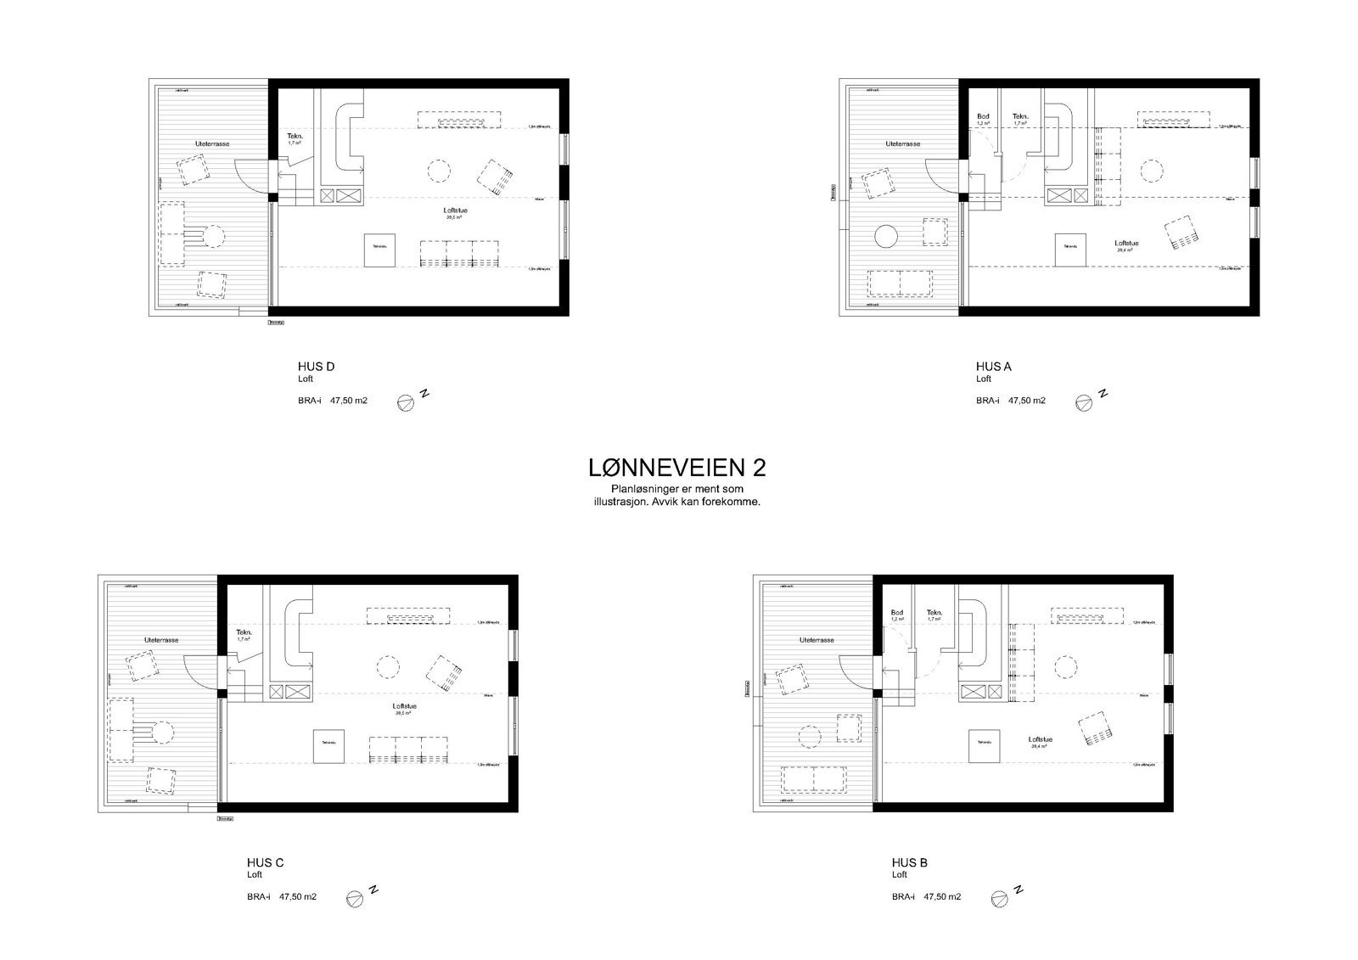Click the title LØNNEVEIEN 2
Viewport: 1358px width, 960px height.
(678, 468)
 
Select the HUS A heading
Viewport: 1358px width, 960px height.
(993, 367)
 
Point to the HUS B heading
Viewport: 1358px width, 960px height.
(909, 862)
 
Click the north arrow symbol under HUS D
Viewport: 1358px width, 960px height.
(406, 404)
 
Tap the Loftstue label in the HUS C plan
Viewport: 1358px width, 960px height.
(405, 706)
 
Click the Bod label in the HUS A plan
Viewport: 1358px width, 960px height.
(983, 117)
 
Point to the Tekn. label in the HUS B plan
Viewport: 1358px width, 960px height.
(934, 613)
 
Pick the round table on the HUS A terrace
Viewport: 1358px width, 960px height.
(888, 236)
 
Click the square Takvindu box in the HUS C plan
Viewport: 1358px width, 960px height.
(328, 746)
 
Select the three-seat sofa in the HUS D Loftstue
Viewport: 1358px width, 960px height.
(459, 254)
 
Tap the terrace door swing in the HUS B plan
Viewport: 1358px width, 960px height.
(859, 671)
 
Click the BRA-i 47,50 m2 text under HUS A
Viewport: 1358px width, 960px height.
(1010, 401)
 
